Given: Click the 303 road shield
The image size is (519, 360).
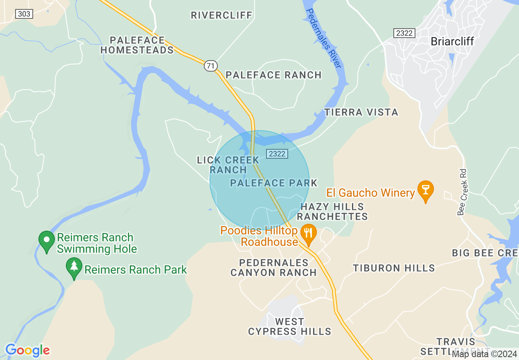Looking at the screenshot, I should coord(24,14).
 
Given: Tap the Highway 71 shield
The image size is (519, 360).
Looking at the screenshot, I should coord(210,65).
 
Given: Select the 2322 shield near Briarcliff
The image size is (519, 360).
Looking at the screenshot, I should coord(404,33).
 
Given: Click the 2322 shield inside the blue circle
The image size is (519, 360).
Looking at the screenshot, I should coord(277,153).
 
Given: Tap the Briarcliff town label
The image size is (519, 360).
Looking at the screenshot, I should coord(452,41).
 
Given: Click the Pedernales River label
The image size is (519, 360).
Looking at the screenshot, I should coord(324,39).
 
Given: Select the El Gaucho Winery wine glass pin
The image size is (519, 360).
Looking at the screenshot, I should coord(425,191).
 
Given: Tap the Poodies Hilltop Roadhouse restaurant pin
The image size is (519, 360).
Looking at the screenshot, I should coord(307,233).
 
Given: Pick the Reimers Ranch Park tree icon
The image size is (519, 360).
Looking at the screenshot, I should coord(74,267).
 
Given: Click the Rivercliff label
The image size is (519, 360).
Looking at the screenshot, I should coord(221,16).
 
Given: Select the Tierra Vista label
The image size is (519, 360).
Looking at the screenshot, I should coord(361,112).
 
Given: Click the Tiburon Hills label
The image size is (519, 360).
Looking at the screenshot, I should coord(394,268).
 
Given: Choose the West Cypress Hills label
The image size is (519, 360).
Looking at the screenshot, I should coord(289,326).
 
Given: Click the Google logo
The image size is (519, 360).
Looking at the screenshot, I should coord(27,350).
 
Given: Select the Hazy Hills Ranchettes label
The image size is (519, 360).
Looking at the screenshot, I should coord(332,211).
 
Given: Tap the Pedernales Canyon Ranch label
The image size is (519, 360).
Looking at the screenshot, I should coord(273,268).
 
